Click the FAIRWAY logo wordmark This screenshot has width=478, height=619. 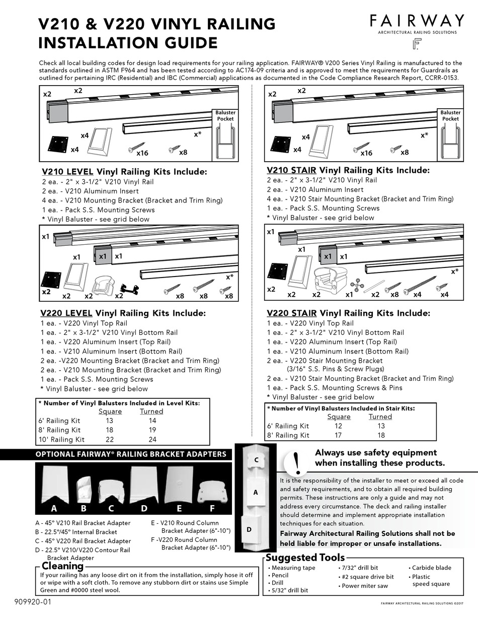click(417, 21)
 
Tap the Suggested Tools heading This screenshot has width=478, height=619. click(305, 557)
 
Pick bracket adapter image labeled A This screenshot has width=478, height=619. click(53, 488)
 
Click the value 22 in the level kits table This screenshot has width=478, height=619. click(110, 439)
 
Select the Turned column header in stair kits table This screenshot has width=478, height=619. click(380, 417)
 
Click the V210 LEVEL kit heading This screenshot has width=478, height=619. click(123, 172)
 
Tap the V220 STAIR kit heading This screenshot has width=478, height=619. click(348, 313)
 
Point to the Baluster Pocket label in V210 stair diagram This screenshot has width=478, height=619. click(450, 116)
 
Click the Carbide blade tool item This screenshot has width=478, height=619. click(431, 568)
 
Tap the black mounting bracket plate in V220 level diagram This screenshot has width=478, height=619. click(49, 279)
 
